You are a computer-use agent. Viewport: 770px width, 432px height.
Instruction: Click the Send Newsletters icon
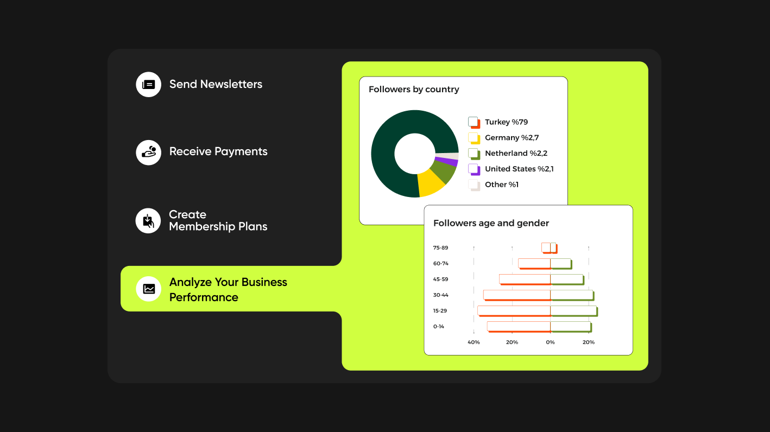(148, 85)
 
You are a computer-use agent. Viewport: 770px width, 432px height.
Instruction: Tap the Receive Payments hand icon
(148, 153)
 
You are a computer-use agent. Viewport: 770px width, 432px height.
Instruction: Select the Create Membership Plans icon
(148, 221)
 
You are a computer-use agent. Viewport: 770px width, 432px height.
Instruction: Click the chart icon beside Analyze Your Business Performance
(148, 289)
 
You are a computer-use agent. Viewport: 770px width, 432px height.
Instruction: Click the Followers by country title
(414, 90)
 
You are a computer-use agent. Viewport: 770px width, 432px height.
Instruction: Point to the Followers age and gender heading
(491, 223)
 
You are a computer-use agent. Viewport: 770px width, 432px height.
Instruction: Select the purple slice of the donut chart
(447, 161)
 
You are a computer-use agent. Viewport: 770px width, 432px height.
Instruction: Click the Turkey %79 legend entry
(498, 122)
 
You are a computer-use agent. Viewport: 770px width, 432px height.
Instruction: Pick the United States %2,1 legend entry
(511, 169)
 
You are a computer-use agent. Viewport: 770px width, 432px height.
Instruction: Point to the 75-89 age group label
(440, 248)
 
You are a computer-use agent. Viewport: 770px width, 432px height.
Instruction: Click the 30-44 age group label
(440, 295)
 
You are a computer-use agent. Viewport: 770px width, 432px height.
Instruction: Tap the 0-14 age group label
(438, 327)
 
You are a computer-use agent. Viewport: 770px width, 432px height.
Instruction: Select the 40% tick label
(474, 342)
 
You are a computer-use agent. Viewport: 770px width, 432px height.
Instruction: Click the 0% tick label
(550, 342)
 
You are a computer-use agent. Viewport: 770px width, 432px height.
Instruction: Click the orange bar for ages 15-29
(514, 311)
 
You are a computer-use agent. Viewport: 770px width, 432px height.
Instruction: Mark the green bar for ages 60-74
(561, 264)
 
